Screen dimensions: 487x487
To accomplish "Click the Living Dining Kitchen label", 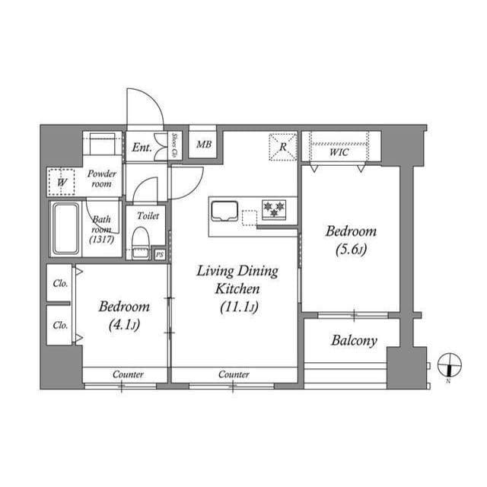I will [x=237, y=289].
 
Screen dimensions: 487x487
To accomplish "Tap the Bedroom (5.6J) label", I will [x=351, y=240].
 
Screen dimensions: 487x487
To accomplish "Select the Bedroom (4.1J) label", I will [x=124, y=315].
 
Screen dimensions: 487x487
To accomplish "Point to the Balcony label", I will [x=353, y=341].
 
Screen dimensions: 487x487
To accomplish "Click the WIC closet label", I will [x=339, y=152].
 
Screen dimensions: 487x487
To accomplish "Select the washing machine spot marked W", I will [x=62, y=182].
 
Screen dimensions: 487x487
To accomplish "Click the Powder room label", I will [x=101, y=179].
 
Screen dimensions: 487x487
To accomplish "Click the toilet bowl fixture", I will [x=141, y=242].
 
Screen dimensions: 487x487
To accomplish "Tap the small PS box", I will [x=159, y=254].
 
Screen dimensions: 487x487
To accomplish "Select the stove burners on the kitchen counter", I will [x=273, y=207].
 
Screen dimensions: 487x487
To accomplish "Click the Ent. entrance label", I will [x=142, y=148].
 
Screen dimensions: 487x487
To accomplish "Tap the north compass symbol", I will [x=449, y=365].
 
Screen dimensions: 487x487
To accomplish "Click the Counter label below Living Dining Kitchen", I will [x=234, y=374].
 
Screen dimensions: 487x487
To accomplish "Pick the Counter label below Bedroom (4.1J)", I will [x=129, y=374].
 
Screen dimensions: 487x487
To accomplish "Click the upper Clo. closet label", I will [x=60, y=283].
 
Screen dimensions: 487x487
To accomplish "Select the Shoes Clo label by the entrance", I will [x=175, y=145].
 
